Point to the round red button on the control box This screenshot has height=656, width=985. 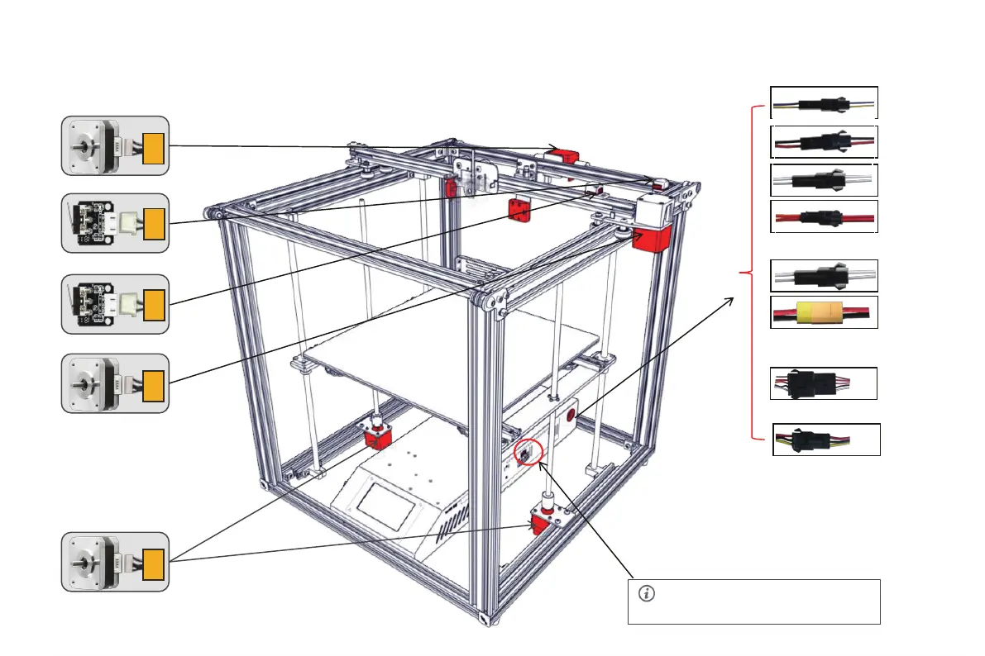click(571, 416)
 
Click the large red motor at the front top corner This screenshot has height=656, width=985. click(651, 240)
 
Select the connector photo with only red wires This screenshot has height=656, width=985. click(823, 216)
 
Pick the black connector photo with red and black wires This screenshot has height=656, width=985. click(823, 142)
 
